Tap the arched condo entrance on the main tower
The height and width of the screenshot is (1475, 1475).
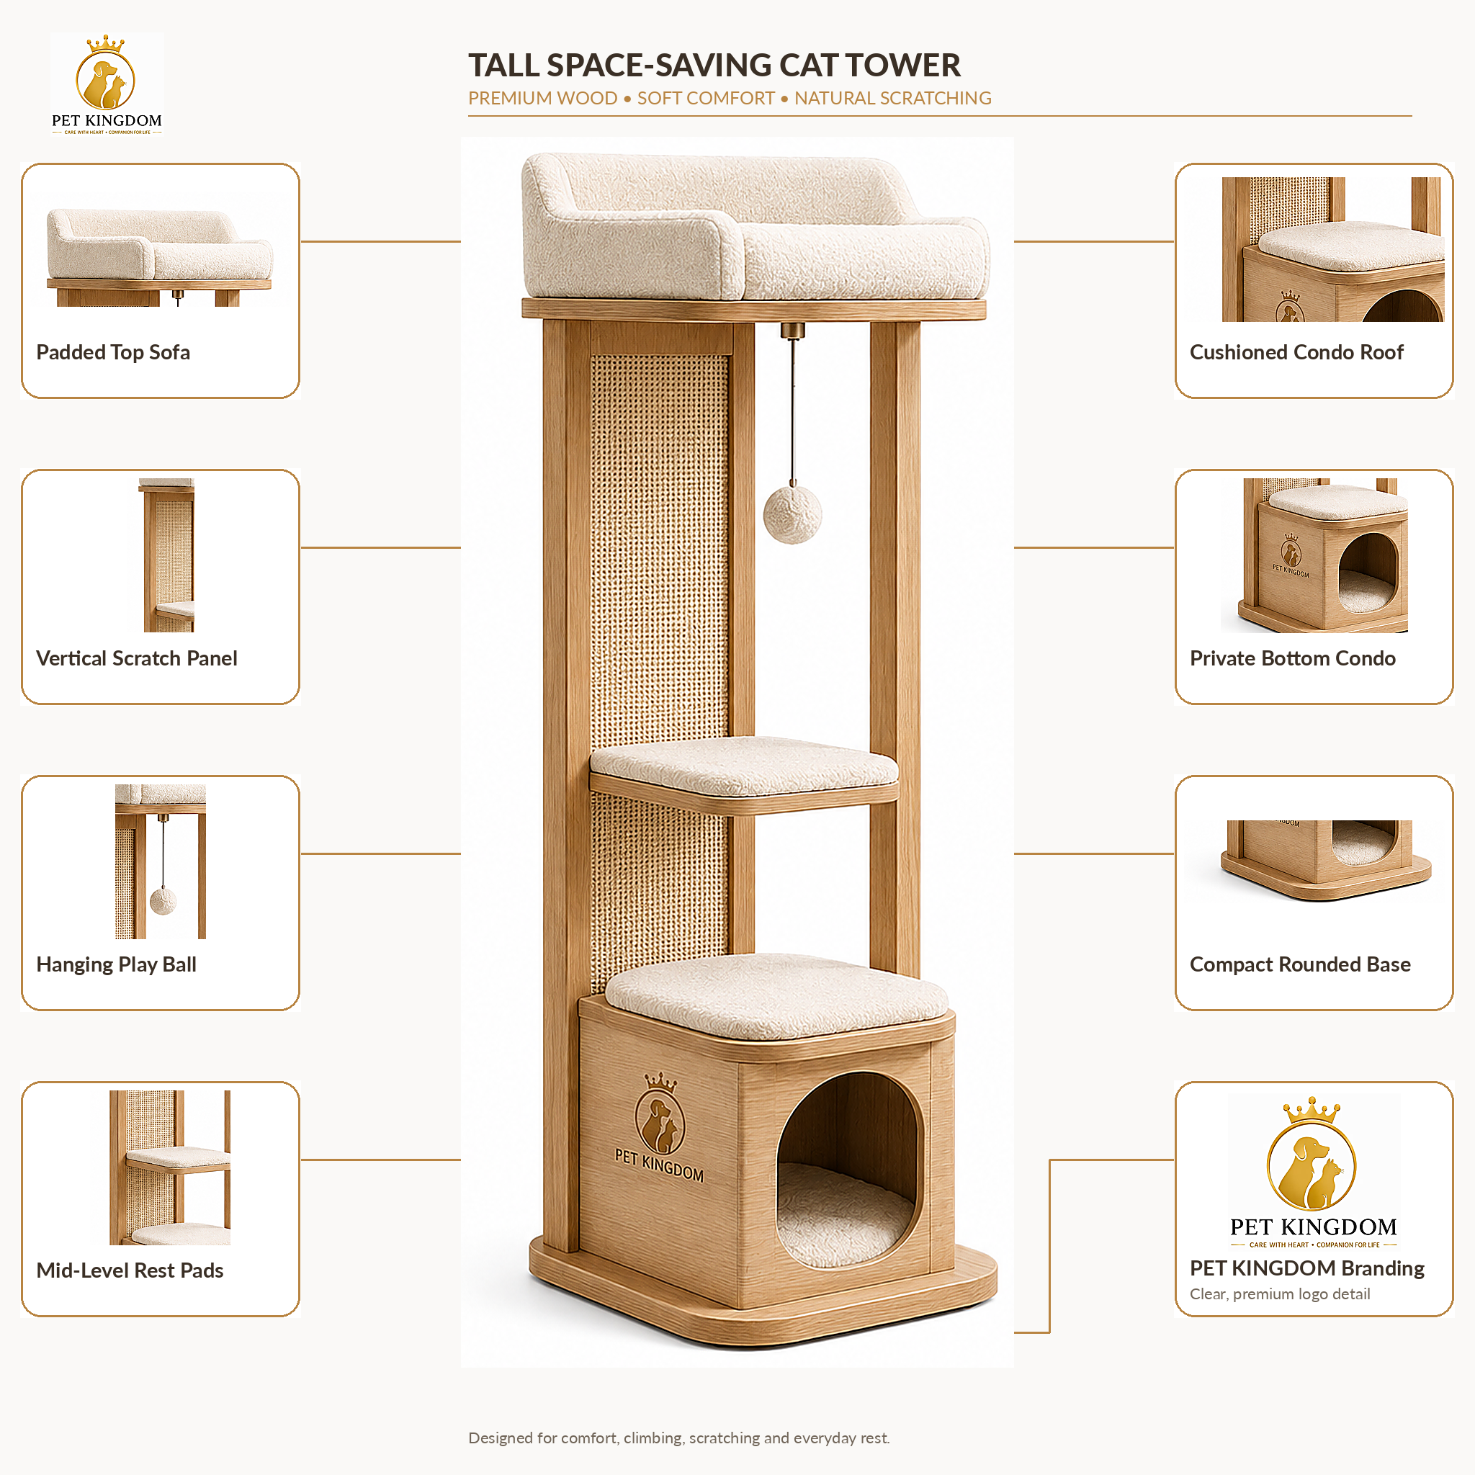[x=849, y=1169]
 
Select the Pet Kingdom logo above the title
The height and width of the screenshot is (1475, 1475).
[x=107, y=85]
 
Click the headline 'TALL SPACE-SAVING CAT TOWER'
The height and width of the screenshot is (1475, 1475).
[x=714, y=65]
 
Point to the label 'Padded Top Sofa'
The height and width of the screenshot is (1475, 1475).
[x=113, y=352]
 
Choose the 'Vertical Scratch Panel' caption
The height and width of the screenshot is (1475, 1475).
[x=137, y=658]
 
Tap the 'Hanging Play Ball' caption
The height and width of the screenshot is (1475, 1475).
[x=116, y=964]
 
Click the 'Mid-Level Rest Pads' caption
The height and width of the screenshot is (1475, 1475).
[x=130, y=1270]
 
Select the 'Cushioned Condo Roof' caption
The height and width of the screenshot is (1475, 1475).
[x=1296, y=352]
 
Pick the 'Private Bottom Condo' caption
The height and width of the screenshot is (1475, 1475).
[x=1293, y=658]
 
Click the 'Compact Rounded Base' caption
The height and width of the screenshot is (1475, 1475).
[x=1300, y=964]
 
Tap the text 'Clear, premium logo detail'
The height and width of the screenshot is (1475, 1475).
[x=1280, y=1294]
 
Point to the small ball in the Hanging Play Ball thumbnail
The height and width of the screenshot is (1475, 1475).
[x=163, y=901]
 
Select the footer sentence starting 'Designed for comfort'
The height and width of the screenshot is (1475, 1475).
[x=678, y=1438]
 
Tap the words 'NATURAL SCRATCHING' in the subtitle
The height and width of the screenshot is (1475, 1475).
[x=892, y=99]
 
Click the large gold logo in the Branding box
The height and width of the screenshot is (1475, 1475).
[x=1312, y=1154]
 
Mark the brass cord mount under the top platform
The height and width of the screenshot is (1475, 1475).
[x=792, y=331]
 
